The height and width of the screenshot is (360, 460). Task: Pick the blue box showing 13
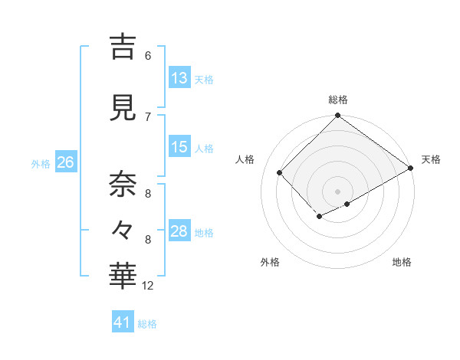(179, 78)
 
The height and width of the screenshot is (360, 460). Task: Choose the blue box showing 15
(179, 147)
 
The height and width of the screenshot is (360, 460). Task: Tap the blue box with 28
(179, 231)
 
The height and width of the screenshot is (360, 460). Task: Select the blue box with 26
(65, 162)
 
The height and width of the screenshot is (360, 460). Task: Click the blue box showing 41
(123, 322)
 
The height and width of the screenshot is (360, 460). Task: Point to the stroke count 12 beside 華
(148, 286)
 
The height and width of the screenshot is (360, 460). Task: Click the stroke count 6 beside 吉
(148, 55)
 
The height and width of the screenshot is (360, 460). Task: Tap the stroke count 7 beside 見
(148, 116)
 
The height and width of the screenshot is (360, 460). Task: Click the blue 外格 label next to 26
(41, 163)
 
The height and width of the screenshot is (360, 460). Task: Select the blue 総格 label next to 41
(147, 324)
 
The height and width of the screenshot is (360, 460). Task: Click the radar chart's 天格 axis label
(431, 159)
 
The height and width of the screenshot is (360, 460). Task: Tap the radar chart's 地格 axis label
(402, 262)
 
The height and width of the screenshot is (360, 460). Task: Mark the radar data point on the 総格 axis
(337, 116)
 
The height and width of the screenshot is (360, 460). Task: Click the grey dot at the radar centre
(337, 191)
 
